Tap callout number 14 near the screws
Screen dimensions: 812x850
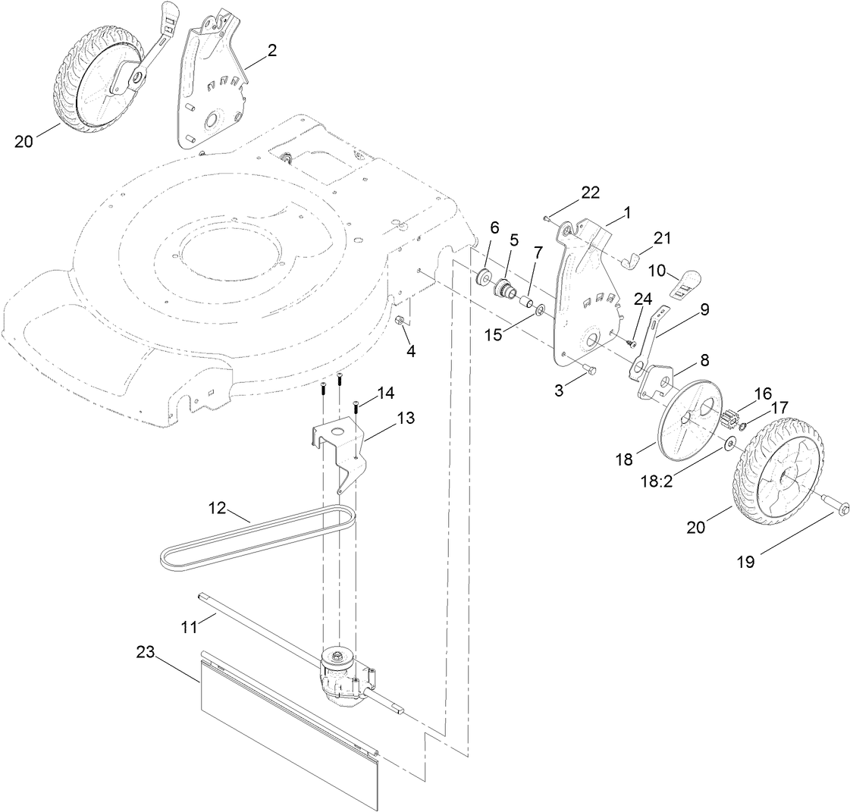point(385,393)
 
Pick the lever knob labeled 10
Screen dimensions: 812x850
point(686,281)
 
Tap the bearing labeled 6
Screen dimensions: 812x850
point(482,277)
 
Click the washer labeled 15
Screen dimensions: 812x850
point(538,310)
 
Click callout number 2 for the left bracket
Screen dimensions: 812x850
point(271,51)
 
